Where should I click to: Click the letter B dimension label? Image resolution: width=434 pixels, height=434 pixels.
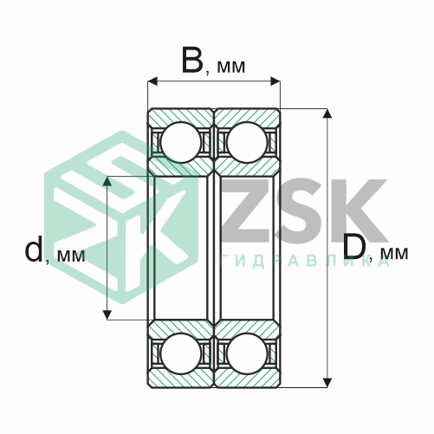[x=192, y=61]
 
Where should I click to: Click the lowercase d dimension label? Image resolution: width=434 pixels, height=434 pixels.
[x=34, y=249]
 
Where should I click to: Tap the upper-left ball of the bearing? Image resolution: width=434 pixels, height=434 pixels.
[x=181, y=142]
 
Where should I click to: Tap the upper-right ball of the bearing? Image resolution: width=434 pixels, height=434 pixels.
[x=247, y=142]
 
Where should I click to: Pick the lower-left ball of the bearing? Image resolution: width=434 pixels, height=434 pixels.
[x=181, y=353]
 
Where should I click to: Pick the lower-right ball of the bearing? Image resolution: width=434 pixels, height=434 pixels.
[x=247, y=353]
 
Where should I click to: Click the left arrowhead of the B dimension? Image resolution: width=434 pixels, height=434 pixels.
[x=152, y=81]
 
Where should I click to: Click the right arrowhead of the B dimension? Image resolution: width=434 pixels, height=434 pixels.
[x=275, y=81]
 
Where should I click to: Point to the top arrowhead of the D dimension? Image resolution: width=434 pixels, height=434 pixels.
[x=327, y=113]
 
